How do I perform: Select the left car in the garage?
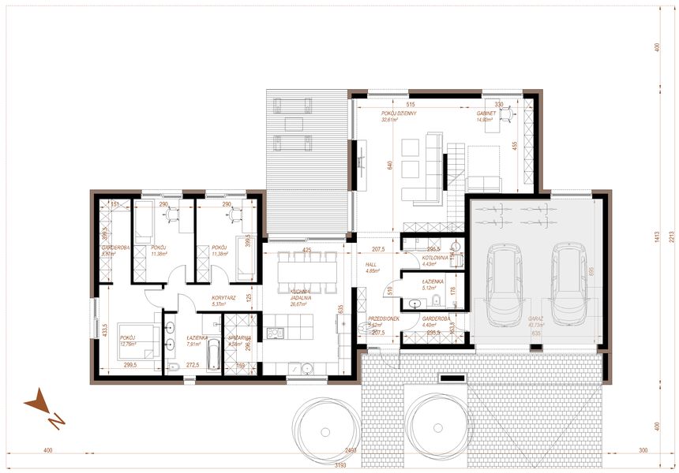click(503, 284)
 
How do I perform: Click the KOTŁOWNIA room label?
click(434, 257)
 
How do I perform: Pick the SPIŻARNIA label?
click(239, 338)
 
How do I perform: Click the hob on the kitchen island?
click(275, 333)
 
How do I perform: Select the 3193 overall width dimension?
click(339, 465)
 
